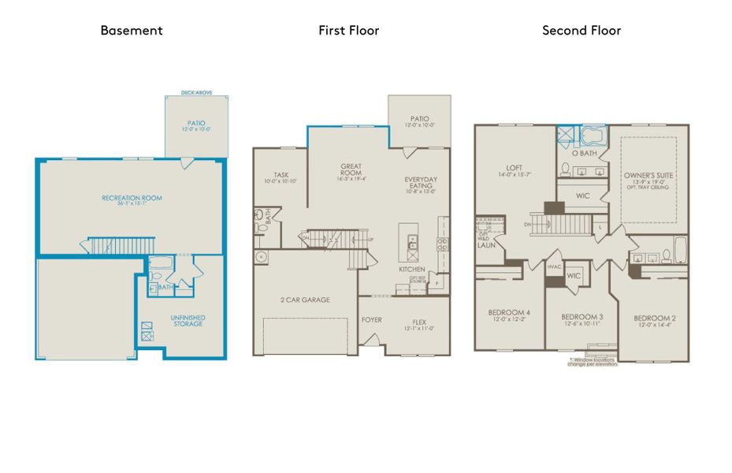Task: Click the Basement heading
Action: (132, 31)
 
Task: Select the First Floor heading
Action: (348, 31)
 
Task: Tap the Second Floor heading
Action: (582, 31)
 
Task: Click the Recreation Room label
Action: (132, 198)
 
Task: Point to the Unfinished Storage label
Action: (189, 320)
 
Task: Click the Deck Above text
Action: (197, 92)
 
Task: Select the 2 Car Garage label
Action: (305, 300)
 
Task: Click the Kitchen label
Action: (411, 270)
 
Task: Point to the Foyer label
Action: (372, 321)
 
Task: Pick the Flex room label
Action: (419, 321)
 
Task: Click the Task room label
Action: (281, 175)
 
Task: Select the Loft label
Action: (515, 168)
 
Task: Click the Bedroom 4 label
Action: (508, 313)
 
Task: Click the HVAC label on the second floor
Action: (555, 268)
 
